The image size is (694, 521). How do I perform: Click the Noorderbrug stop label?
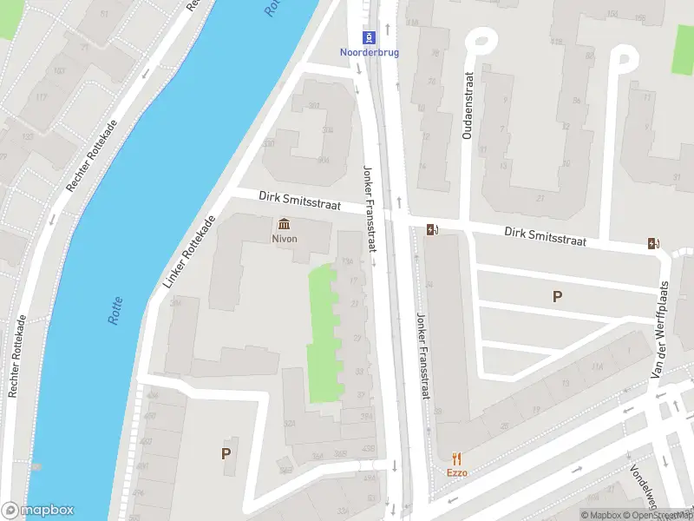(x=370, y=51)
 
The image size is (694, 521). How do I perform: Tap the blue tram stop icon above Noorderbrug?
(x=370, y=36)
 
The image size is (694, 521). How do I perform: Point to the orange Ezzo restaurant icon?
(x=457, y=458)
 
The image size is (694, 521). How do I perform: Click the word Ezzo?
(x=457, y=473)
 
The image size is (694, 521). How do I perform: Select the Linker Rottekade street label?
(x=187, y=252)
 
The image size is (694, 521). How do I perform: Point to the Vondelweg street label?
(x=644, y=491)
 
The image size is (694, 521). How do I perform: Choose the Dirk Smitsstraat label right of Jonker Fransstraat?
(x=545, y=236)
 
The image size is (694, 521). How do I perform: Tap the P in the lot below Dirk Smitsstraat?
(x=557, y=297)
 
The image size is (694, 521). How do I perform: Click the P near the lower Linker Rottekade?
(x=226, y=453)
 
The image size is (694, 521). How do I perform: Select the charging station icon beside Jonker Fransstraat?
(x=432, y=230)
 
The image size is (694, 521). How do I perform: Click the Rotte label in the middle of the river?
(x=115, y=311)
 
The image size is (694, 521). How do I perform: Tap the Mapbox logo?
(x=38, y=511)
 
